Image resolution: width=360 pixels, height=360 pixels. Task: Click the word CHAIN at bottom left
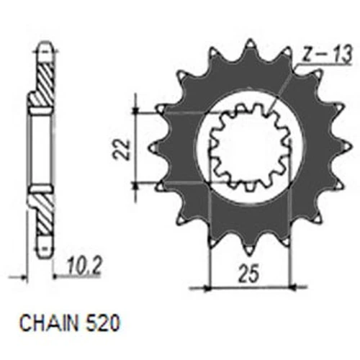pyautogui.click(x=49, y=323)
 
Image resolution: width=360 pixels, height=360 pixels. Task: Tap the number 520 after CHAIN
pyautogui.click(x=102, y=323)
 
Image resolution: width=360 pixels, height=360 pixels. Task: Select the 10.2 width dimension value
pyautogui.click(x=83, y=266)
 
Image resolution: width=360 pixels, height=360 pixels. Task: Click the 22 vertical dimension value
pyautogui.click(x=121, y=149)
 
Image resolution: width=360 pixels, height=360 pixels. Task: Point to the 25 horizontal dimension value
pyautogui.click(x=248, y=274)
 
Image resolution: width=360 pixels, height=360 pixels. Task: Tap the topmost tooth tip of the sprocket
pyautogui.click(x=250, y=40)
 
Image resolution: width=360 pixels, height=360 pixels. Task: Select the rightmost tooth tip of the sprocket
pyautogui.click(x=352, y=146)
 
